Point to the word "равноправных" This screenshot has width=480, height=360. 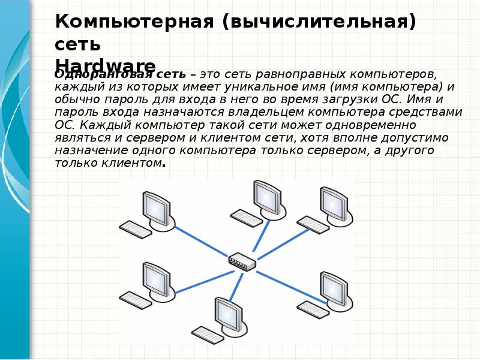point(299,74)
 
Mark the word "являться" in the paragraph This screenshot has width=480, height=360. point(80,137)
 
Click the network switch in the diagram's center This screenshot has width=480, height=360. point(242,262)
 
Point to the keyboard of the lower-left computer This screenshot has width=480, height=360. point(135,299)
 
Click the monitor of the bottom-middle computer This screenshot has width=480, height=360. point(227,313)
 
